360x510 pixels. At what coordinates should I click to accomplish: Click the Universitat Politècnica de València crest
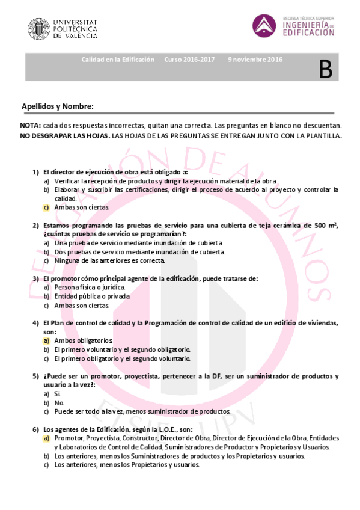point(39,28)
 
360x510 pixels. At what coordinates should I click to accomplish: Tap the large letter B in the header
point(325,69)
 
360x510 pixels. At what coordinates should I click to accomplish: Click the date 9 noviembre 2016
point(255,60)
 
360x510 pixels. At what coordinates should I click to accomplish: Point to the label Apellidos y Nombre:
point(58,106)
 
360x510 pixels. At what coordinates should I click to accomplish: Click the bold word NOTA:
point(31,125)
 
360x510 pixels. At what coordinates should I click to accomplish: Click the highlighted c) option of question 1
point(46,207)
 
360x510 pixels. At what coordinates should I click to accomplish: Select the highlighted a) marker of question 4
point(46,340)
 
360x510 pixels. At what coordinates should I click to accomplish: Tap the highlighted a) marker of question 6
point(46,438)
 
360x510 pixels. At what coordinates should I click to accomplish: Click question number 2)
point(36,225)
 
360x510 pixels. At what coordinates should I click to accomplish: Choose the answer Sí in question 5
point(58,393)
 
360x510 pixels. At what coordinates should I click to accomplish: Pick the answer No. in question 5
point(59,402)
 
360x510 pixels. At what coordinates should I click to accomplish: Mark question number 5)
point(36,376)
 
